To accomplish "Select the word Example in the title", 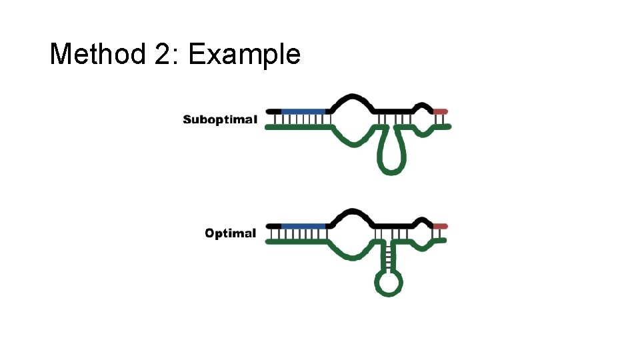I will click(x=244, y=55).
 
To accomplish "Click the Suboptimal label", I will click(x=220, y=120).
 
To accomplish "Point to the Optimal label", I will click(x=230, y=233).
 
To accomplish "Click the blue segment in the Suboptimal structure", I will click(x=304, y=111).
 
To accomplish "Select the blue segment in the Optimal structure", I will click(x=304, y=226).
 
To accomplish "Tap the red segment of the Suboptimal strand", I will click(x=441, y=111).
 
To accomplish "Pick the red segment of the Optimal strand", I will click(x=441, y=226).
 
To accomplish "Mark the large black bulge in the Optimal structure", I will click(x=351, y=214).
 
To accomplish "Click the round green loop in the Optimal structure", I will click(x=389, y=283).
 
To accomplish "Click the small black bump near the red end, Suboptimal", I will click(x=421, y=106).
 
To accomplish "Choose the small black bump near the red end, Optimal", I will click(x=421, y=221).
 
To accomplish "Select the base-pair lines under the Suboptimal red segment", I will click(x=441, y=119).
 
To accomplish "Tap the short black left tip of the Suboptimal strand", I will click(x=273, y=111).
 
